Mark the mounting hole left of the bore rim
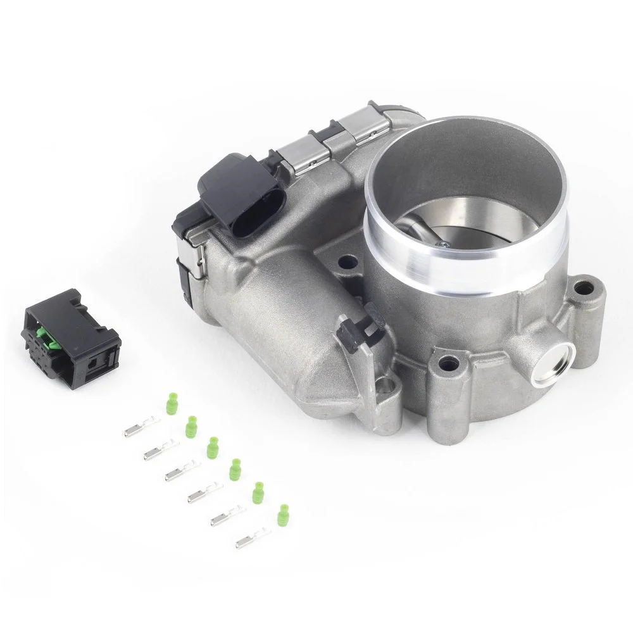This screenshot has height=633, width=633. click(x=345, y=261)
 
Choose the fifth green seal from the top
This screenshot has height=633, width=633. click(x=258, y=492)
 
